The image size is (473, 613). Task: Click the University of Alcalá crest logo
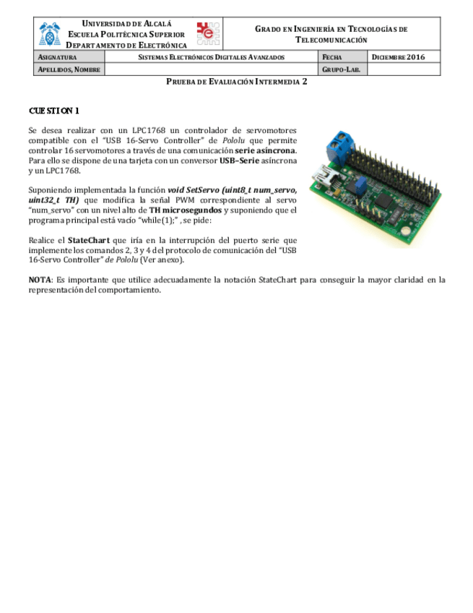51,33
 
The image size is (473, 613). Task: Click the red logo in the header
207,33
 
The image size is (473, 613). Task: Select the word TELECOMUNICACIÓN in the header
331,40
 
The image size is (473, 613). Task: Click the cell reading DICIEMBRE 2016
398,57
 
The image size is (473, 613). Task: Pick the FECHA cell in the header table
332,57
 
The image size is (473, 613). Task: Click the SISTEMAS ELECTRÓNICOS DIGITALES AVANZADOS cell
211,57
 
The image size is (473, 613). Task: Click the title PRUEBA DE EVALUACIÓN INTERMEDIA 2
236,82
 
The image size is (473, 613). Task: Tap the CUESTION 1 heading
54,111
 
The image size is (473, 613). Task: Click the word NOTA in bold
39,279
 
